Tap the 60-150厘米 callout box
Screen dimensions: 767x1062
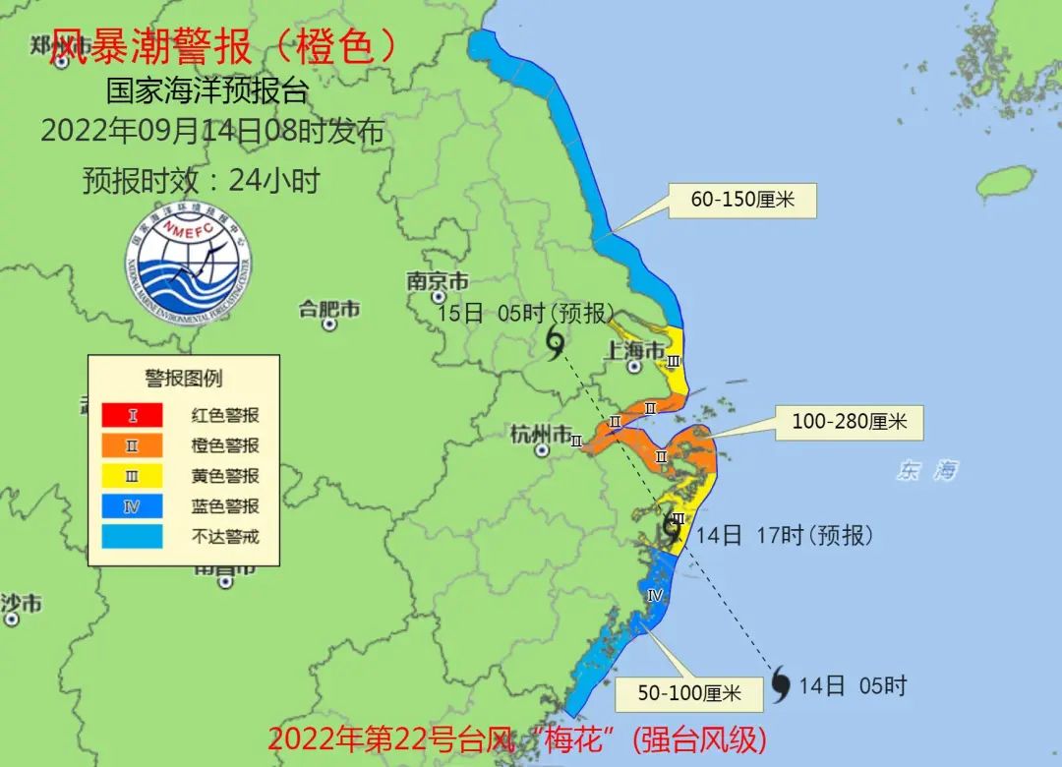coord(741,201)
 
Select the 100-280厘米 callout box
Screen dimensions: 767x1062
coord(849,422)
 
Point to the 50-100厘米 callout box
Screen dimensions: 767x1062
coord(688,693)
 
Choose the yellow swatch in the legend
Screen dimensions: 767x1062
coord(133,476)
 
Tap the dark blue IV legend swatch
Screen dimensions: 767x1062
coord(133,506)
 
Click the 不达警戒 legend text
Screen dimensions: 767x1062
coord(224,537)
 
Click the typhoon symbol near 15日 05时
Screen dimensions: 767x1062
coord(556,343)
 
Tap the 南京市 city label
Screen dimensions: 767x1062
coord(438,280)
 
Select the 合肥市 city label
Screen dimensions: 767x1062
coord(329,309)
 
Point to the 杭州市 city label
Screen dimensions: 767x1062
coord(541,433)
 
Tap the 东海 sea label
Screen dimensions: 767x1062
coord(926,471)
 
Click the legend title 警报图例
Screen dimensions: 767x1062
coord(184,378)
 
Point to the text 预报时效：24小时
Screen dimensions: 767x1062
coord(201,180)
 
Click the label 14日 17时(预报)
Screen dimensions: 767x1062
coord(784,536)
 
